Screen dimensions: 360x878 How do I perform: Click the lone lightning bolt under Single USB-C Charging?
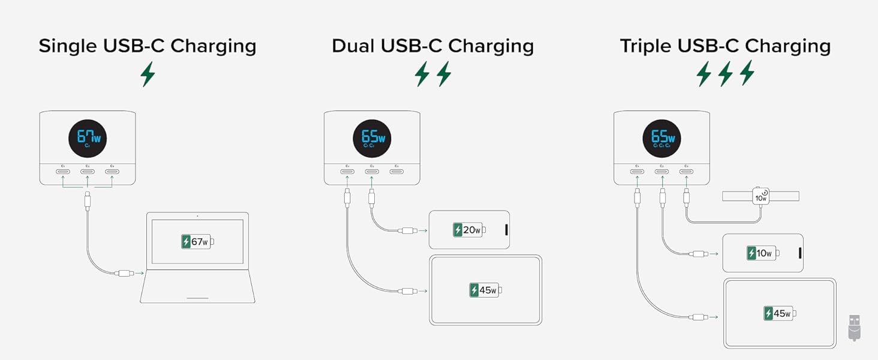(x=148, y=74)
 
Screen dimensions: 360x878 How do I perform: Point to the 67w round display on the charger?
(x=87, y=139)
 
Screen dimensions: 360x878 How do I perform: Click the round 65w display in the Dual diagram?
(x=372, y=139)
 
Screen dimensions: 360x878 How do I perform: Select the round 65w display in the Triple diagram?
(x=661, y=139)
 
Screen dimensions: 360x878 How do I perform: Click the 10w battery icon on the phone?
(x=762, y=253)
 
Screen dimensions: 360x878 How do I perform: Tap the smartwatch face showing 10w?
(x=761, y=196)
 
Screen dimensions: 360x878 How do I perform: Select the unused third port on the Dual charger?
(x=396, y=172)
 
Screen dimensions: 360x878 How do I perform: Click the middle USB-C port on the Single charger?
(x=88, y=172)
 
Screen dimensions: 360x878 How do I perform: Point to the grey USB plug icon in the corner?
(x=855, y=328)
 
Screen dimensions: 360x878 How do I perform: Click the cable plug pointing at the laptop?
(x=125, y=274)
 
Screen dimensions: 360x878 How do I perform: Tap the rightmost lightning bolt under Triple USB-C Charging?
(x=747, y=73)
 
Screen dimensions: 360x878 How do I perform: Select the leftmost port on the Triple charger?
(x=637, y=172)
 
